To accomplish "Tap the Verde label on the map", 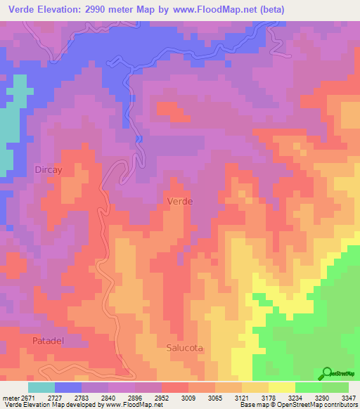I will (180, 201).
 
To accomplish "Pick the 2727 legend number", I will (72, 397).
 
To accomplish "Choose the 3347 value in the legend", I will (349, 397).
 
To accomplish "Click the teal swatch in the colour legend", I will (41, 387).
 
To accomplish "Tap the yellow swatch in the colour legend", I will (281, 387).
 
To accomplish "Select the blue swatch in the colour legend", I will (68, 387).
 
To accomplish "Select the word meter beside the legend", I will (12, 397).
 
